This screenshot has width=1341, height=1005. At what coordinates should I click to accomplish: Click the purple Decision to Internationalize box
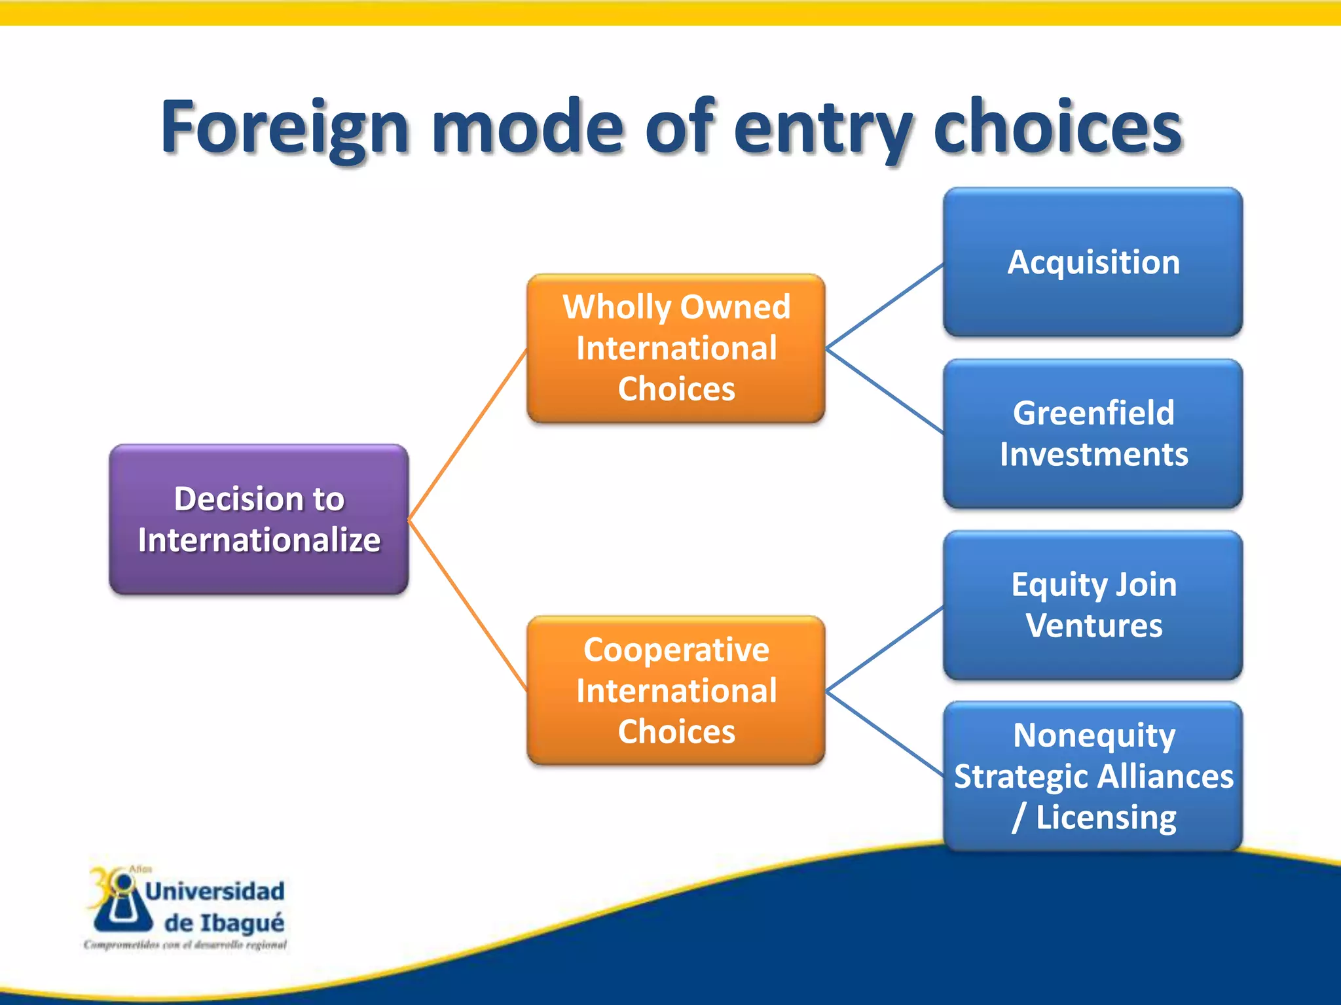point(259,519)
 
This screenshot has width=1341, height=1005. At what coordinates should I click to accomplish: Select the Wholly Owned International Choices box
point(676,347)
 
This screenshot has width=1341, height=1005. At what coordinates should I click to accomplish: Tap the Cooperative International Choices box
point(676,690)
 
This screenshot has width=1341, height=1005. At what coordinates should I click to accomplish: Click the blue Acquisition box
point(1093,262)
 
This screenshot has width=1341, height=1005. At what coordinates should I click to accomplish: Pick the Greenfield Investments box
point(1093,433)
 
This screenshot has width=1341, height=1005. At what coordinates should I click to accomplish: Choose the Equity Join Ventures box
point(1093,605)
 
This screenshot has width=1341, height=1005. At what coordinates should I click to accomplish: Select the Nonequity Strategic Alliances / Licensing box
point(1093,776)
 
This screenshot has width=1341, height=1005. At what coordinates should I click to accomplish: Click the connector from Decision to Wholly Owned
point(468,435)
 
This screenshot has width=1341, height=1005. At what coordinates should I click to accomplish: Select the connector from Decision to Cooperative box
point(468,605)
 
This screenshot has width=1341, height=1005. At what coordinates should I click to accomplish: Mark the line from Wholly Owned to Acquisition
point(884,306)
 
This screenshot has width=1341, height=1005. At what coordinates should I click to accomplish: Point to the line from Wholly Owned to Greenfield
point(884,390)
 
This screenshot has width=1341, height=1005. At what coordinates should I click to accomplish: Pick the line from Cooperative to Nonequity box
point(884,733)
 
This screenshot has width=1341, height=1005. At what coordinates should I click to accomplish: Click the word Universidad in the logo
point(215,891)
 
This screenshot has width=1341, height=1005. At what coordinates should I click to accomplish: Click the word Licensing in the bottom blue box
point(1105,817)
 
